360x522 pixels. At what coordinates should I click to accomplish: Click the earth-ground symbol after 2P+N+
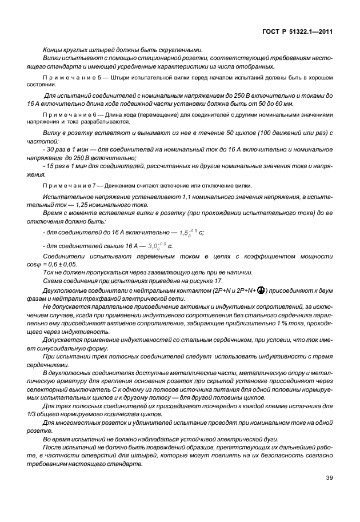(x=260, y=289)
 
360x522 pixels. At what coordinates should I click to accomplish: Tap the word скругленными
(x=182, y=49)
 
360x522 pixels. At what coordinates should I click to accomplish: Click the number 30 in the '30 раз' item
(x=50, y=148)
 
